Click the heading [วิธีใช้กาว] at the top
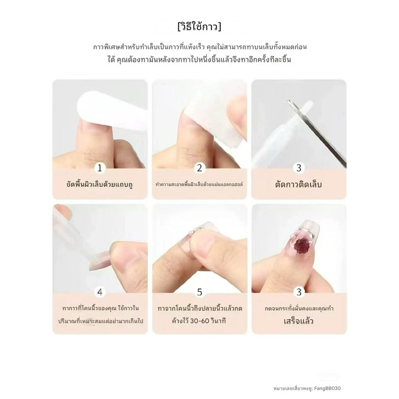click(x=199, y=27)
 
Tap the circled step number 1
click(x=100, y=168)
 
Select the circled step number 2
click(x=199, y=168)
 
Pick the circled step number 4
click(x=100, y=292)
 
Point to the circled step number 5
click(x=199, y=292)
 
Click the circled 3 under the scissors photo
click(x=299, y=168)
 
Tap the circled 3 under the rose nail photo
click(x=299, y=292)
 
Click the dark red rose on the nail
click(x=302, y=244)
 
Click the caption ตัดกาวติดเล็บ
click(x=299, y=184)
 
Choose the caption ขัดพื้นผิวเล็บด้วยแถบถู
click(x=100, y=185)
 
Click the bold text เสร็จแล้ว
click(x=299, y=321)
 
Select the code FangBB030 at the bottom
click(x=327, y=389)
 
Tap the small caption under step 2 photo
click(x=199, y=184)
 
